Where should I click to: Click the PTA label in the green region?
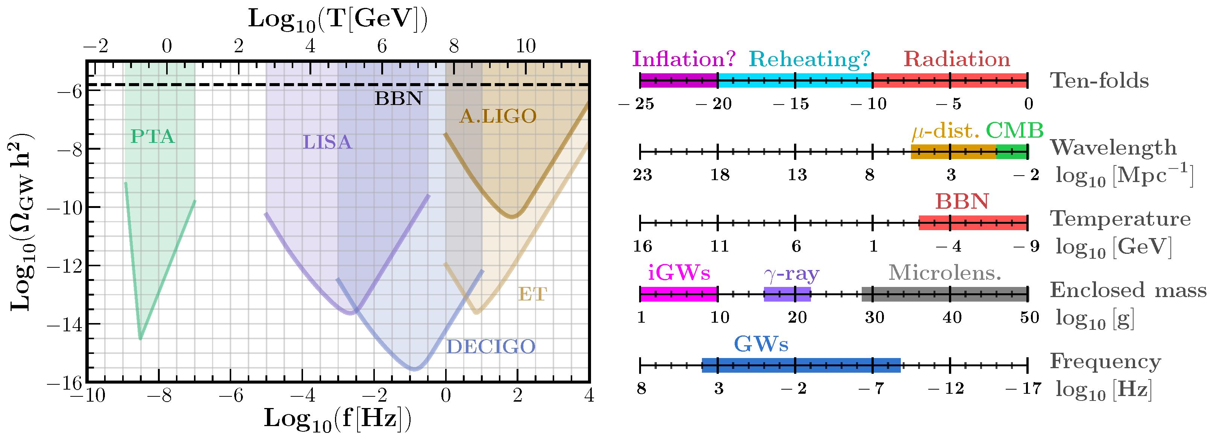(x=153, y=137)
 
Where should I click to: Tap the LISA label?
(x=327, y=142)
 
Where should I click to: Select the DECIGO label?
(x=491, y=347)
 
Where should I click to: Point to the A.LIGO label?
(x=498, y=116)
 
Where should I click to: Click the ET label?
(x=532, y=294)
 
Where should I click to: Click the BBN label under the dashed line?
(x=399, y=99)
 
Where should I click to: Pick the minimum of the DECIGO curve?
(x=414, y=369)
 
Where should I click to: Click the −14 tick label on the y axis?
(x=65, y=325)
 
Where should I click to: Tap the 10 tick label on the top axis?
(x=526, y=46)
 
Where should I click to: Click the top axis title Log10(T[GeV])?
(x=338, y=20)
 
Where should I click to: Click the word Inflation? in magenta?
(x=684, y=59)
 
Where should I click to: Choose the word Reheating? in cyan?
(x=809, y=59)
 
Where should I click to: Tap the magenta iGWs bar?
(x=679, y=294)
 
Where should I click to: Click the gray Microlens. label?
(x=944, y=273)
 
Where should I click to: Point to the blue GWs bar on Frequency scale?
(x=801, y=366)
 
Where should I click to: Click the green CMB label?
(x=1015, y=130)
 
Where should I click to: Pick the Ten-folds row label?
(x=1099, y=80)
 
